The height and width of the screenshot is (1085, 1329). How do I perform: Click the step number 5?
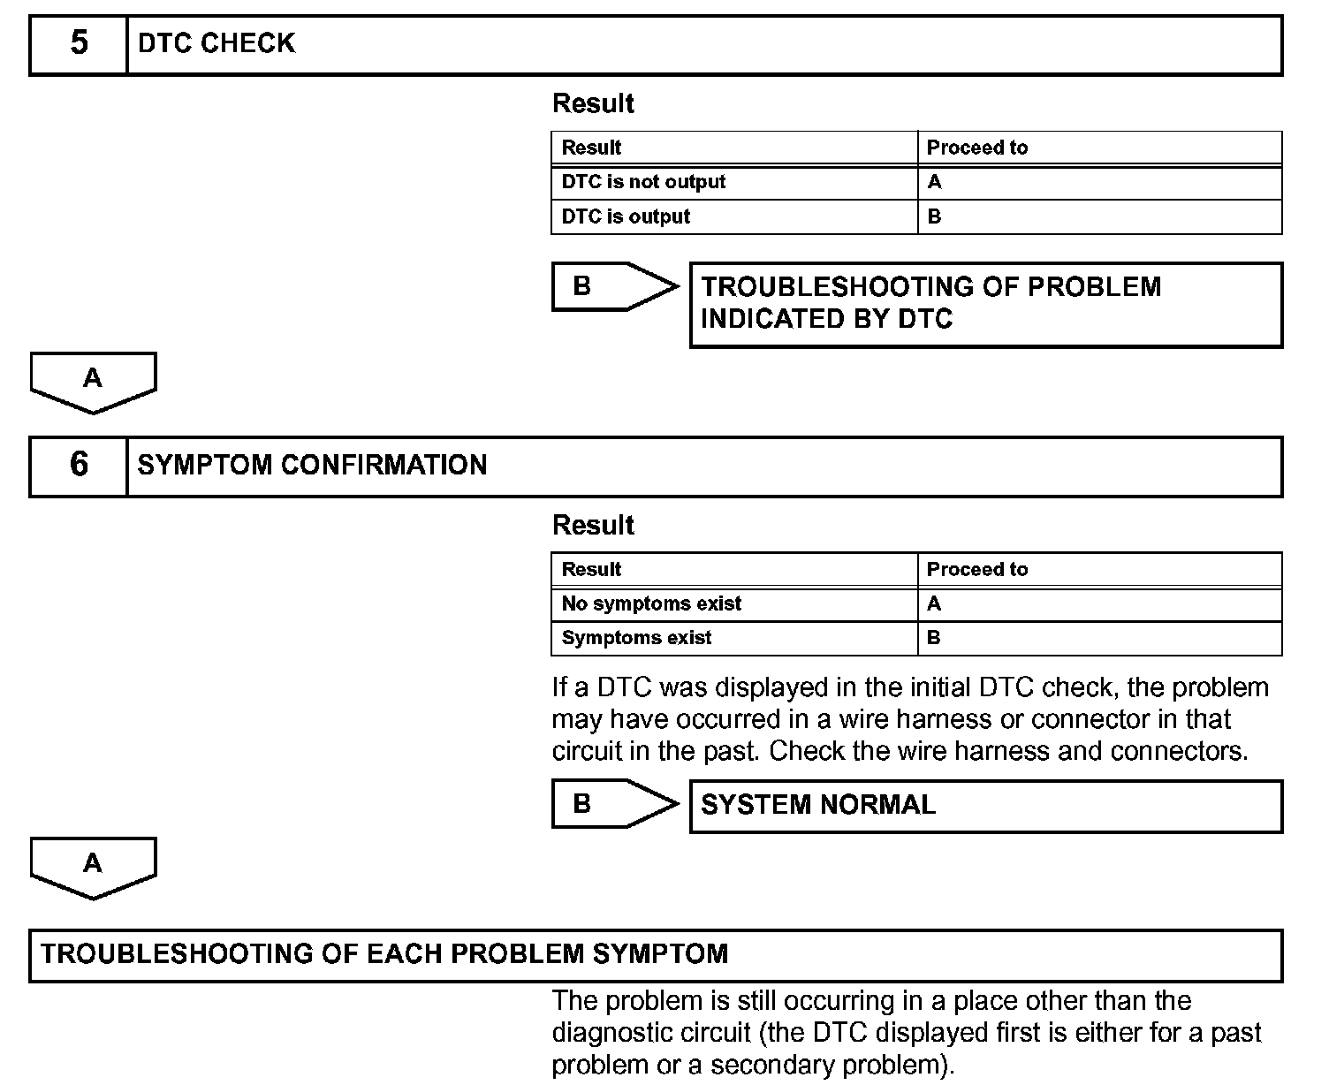(79, 43)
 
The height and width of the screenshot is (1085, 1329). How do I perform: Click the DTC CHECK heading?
(216, 43)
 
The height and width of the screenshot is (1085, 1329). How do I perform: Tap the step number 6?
(79, 465)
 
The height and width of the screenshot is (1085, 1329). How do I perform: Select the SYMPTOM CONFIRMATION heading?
(312, 466)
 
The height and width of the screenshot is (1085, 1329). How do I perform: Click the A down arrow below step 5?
(93, 381)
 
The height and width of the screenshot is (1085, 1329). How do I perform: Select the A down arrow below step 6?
(93, 866)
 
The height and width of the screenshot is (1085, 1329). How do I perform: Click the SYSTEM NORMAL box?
(985, 805)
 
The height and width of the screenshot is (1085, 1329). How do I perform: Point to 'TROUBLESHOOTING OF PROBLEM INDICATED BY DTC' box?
(985, 303)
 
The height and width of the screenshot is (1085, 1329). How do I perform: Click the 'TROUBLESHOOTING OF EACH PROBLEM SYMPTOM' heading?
(384, 954)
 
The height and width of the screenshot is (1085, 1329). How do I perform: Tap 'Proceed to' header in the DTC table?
(976, 148)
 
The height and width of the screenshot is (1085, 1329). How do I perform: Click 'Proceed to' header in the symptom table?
(976, 569)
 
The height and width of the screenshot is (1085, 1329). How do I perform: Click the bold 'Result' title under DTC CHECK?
(593, 103)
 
